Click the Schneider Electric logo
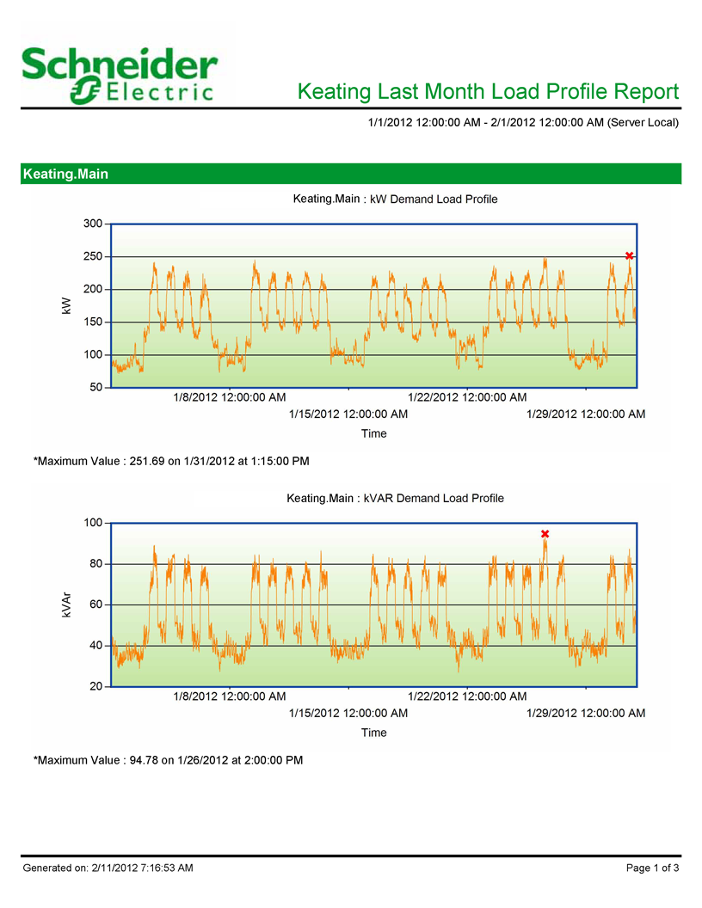tap(120, 76)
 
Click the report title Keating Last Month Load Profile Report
tap(488, 91)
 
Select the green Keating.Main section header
tap(351, 174)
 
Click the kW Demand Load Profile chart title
tap(395, 199)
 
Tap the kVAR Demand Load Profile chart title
tap(395, 498)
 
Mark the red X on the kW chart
tap(629, 255)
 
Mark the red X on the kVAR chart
tap(545, 534)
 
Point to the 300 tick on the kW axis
tap(93, 224)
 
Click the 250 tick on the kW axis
tap(93, 256)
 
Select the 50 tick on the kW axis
tap(96, 388)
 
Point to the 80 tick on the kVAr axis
tap(96, 563)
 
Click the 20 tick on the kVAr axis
tap(96, 686)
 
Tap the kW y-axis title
tap(66, 306)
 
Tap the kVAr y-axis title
tap(66, 604)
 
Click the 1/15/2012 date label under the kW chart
tap(348, 414)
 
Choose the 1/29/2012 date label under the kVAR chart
tap(586, 713)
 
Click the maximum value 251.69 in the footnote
tap(147, 462)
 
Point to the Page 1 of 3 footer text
tap(652, 868)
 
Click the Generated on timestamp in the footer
tap(108, 868)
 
